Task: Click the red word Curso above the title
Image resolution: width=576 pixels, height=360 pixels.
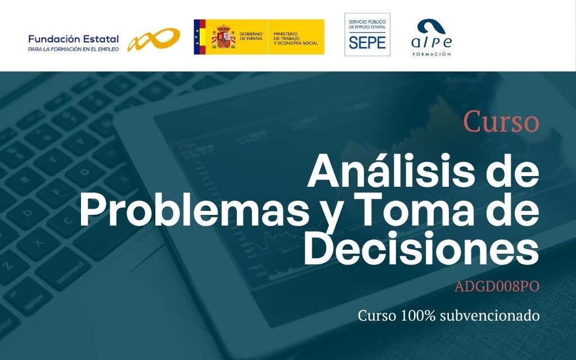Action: pos(501,121)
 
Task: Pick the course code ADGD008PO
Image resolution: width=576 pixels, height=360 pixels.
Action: pos(497,286)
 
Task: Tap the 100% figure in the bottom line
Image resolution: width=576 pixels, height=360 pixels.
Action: pos(418,315)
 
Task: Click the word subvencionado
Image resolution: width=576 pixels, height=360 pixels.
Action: pos(489,315)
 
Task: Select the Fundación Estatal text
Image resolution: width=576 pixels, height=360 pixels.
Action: pos(74,39)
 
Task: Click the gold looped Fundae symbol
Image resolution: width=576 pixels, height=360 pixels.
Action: pos(154,39)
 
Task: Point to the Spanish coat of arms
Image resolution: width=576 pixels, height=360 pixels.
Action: pos(223,37)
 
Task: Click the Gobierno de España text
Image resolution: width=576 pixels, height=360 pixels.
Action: pos(251,36)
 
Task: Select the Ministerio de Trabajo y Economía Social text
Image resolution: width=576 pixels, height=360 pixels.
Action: pos(296,39)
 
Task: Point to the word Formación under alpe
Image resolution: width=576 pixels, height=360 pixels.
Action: pos(431,54)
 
